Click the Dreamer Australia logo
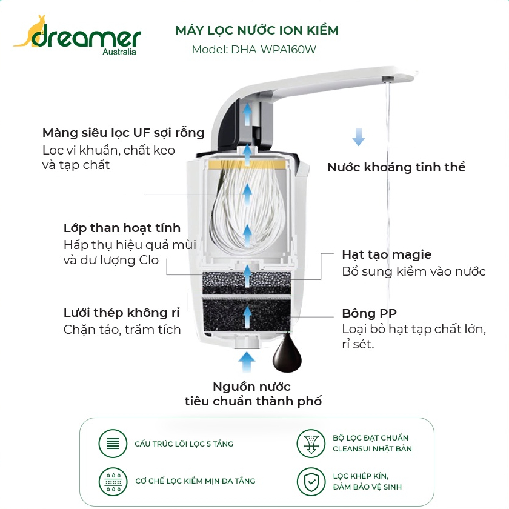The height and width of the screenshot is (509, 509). tap(78, 35)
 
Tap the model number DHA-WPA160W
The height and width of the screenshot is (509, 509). tap(273, 50)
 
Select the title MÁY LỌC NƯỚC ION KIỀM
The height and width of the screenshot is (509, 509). tap(257, 30)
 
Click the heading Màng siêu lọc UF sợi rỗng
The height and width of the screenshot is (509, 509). tap(124, 133)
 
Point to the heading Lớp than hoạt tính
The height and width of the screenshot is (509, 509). tap(122, 228)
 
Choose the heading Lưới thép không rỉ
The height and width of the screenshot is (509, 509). tap(121, 313)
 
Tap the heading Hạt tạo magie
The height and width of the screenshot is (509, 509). tap(387, 254)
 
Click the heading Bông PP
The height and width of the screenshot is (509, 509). tap(370, 313)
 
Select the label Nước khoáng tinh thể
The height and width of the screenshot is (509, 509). tap(396, 167)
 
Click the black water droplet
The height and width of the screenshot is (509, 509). tap(287, 353)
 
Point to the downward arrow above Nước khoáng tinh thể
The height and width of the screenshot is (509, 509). tap(359, 137)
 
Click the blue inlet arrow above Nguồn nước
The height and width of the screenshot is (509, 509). tap(247, 362)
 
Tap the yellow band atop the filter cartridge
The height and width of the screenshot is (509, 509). tap(247, 165)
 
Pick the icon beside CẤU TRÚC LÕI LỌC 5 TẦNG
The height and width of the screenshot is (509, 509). tap(113, 444)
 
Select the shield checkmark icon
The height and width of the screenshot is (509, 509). tap(311, 482)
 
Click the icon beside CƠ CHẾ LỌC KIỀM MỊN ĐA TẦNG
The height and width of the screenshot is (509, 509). tap(113, 482)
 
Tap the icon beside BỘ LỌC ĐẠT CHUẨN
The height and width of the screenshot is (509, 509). tap(311, 444)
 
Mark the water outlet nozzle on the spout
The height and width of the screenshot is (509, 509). tap(387, 79)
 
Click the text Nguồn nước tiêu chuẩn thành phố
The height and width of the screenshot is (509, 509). tap(253, 394)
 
